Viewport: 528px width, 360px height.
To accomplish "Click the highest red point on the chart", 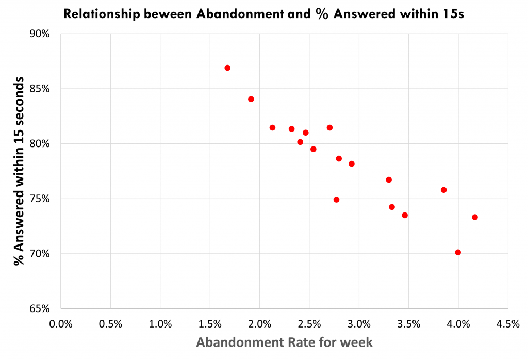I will click(227, 68).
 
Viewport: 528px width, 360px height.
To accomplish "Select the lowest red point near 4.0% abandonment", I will click(458, 252).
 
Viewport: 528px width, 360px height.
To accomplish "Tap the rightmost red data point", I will click(475, 217).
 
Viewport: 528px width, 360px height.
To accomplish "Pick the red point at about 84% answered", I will click(251, 99).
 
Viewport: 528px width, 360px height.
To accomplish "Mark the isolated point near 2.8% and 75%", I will click(337, 200).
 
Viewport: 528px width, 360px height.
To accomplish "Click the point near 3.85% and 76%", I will click(443, 190).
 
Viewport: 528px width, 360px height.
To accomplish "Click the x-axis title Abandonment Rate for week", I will click(284, 342).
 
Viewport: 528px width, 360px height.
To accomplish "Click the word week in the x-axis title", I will click(356, 342).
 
